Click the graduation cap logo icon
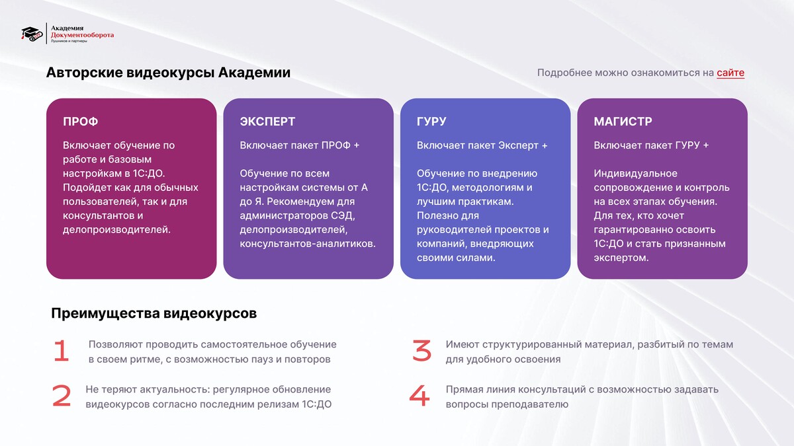(32, 34)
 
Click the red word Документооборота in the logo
(82, 35)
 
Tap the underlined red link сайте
(730, 73)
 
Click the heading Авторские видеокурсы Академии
(168, 73)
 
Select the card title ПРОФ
(81, 122)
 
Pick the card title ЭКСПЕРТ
(267, 122)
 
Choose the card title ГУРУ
(431, 122)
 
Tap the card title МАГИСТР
(623, 122)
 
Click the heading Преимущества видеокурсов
(154, 314)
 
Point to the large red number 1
(62, 351)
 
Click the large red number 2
(62, 396)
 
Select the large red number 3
(422, 351)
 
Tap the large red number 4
(419, 396)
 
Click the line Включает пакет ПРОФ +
(300, 145)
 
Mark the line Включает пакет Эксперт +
(482, 145)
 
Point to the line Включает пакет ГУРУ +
(652, 145)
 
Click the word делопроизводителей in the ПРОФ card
(116, 230)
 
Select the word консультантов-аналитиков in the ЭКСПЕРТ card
(308, 244)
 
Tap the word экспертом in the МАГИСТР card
(621, 258)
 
